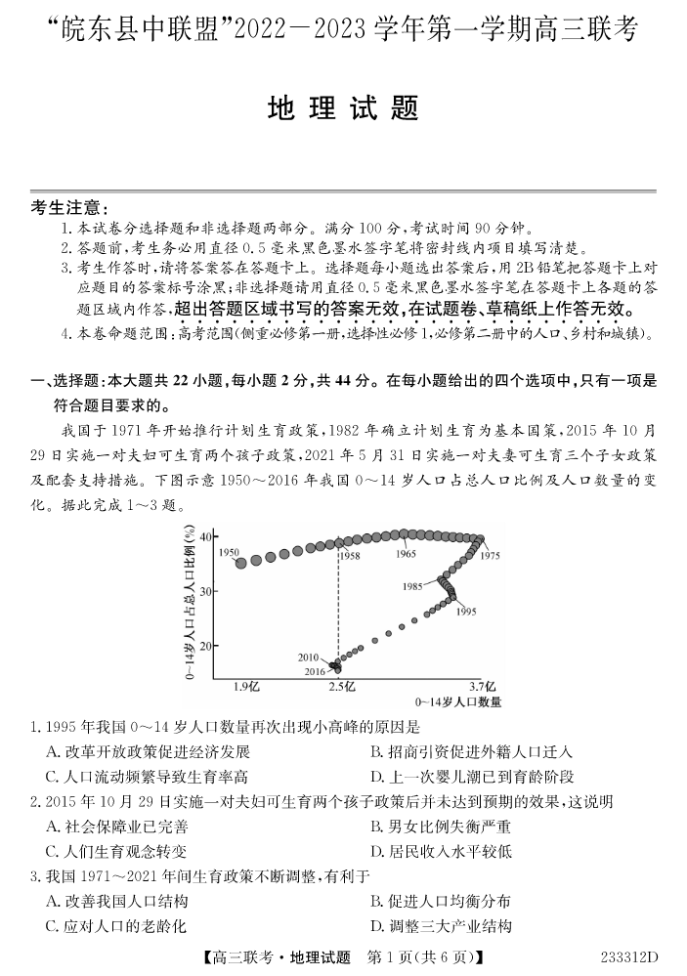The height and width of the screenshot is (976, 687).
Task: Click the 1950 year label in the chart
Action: pos(230,553)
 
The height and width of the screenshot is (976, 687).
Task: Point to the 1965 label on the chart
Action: pos(407,554)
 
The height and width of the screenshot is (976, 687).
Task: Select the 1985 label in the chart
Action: pos(417,586)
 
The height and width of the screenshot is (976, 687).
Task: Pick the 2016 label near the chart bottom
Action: pos(314,671)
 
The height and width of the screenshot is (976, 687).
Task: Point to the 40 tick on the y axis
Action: pos(206,536)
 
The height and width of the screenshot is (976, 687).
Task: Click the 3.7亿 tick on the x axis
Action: pos(482,687)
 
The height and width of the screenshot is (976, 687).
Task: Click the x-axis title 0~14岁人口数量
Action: pos(458,701)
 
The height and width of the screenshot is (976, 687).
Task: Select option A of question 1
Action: pos(148,751)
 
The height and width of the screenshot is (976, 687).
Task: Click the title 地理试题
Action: pos(343,108)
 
